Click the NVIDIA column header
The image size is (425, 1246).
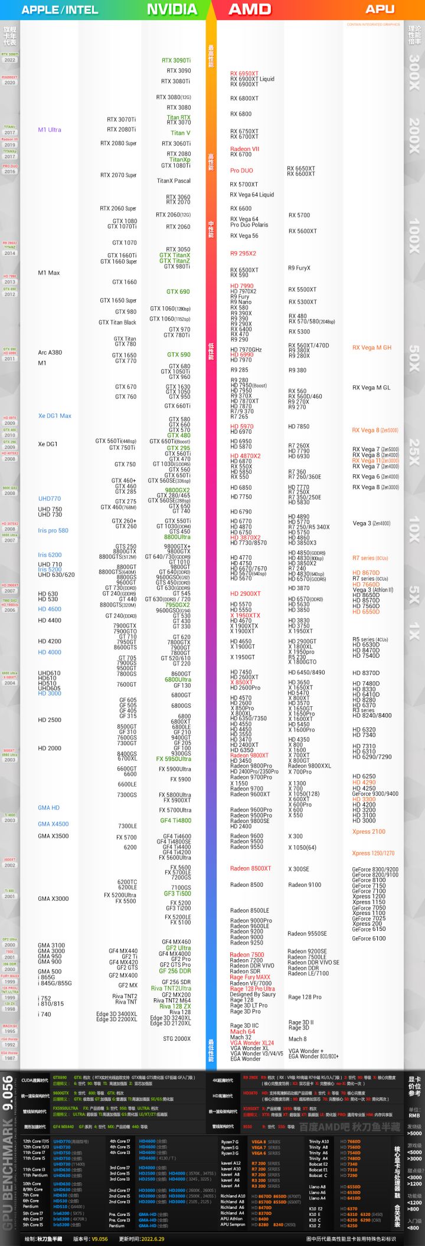click(172, 9)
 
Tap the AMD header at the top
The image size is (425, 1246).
click(249, 9)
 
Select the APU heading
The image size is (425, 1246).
click(380, 9)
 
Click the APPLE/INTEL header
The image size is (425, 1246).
click(60, 9)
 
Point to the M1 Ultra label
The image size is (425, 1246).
click(50, 130)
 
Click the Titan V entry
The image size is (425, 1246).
click(181, 133)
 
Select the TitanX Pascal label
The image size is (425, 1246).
click(174, 181)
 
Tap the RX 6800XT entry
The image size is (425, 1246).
click(244, 99)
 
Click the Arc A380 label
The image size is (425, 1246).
click(50, 352)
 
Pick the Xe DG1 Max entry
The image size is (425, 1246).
click(55, 416)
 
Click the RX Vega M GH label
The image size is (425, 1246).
click(372, 347)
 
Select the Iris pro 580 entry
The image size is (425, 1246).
click(53, 530)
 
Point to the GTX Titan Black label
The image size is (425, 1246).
click(117, 323)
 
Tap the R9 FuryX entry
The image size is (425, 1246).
click(299, 268)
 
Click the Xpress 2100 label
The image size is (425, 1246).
click(369, 832)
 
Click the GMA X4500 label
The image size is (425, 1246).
click(53, 824)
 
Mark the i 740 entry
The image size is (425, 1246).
click(44, 1014)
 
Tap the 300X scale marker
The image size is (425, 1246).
click(414, 72)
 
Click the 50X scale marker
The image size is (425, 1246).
click(414, 358)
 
